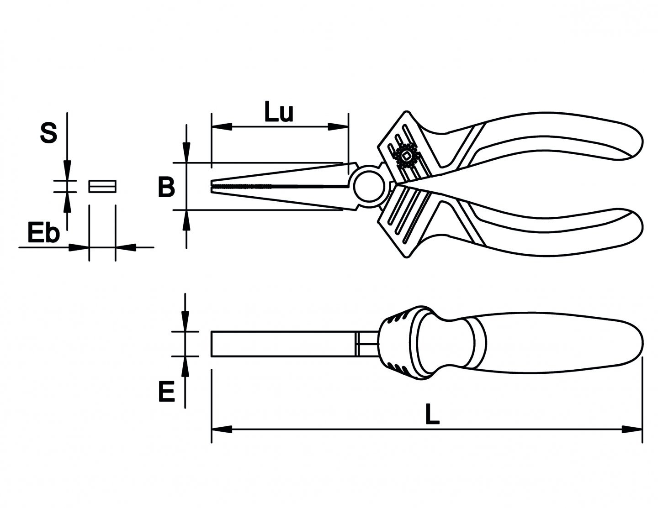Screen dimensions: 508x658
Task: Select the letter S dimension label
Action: coord(48,133)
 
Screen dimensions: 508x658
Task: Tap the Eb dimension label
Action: coord(43,233)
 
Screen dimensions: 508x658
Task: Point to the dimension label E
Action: coord(166,392)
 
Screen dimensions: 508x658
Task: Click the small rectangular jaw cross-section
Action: coord(102,186)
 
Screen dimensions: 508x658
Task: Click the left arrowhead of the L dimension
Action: coord(221,429)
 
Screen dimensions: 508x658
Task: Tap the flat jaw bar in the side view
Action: coord(283,344)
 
